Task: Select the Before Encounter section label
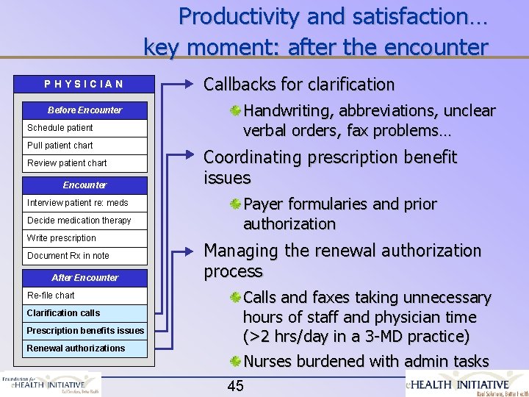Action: click(x=84, y=110)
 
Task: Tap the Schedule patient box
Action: click(x=84, y=128)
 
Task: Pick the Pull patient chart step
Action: click(x=84, y=146)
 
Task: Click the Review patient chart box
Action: click(x=84, y=163)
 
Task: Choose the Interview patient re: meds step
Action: click(x=84, y=203)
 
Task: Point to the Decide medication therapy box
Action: click(x=84, y=221)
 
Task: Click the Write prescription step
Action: click(x=84, y=238)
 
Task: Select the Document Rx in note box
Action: click(x=84, y=256)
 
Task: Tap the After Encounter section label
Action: click(x=84, y=278)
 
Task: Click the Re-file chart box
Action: click(x=84, y=296)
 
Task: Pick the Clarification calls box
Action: click(x=84, y=313)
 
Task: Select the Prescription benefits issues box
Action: click(x=84, y=331)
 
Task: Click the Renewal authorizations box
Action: click(x=84, y=348)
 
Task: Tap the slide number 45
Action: click(x=236, y=385)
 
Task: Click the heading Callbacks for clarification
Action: click(x=298, y=85)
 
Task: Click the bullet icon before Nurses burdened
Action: click(x=234, y=362)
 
